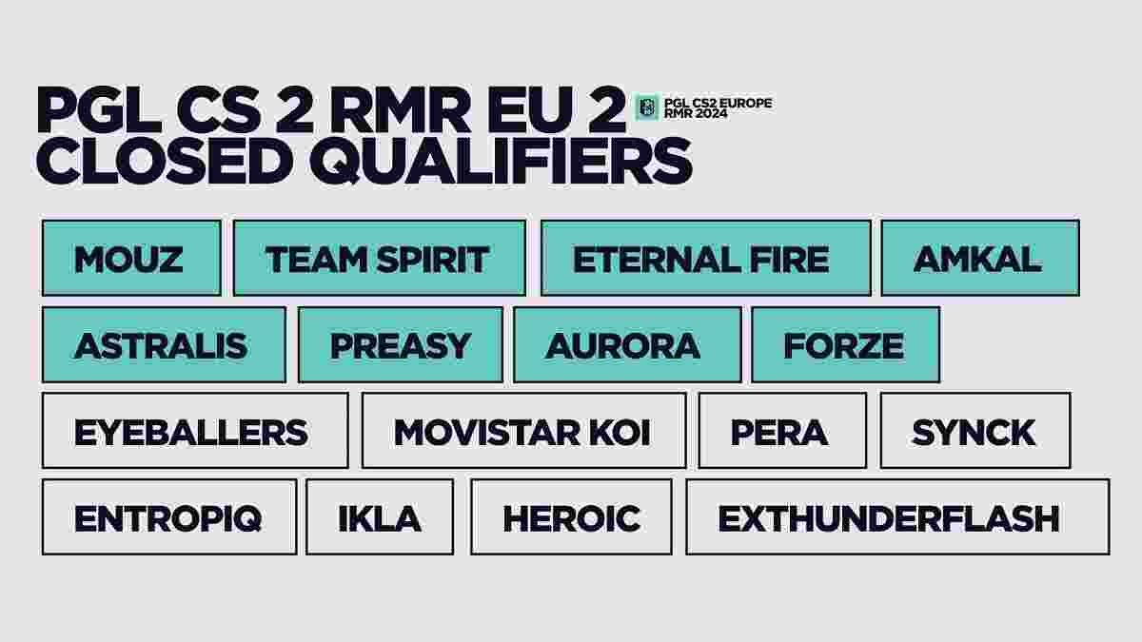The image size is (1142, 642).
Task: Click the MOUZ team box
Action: coord(131,258)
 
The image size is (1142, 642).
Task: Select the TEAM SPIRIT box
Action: coord(380,258)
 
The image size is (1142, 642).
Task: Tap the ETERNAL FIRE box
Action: coord(705,258)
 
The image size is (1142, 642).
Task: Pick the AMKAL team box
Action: coord(980,258)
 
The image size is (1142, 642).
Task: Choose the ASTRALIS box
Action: coord(164,344)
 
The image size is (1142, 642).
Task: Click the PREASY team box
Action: coord(401,344)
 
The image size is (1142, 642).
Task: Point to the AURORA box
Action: coord(627,344)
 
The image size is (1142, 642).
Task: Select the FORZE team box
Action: coord(846,344)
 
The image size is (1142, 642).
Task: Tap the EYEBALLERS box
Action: coord(195,431)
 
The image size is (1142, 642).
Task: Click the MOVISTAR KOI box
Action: coord(524,431)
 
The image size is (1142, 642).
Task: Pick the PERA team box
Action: coord(782,431)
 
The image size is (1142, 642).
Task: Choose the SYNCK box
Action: coord(975,431)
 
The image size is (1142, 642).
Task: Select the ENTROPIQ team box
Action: coord(169,516)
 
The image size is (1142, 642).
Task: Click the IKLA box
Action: coord(380,516)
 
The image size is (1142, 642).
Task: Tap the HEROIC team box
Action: coord(572,516)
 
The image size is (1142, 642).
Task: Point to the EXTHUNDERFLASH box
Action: coord(897,516)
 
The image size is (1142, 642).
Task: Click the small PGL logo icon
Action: coord(647,107)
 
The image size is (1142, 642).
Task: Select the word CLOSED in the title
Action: coord(165,161)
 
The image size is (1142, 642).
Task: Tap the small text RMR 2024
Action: coord(696,113)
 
